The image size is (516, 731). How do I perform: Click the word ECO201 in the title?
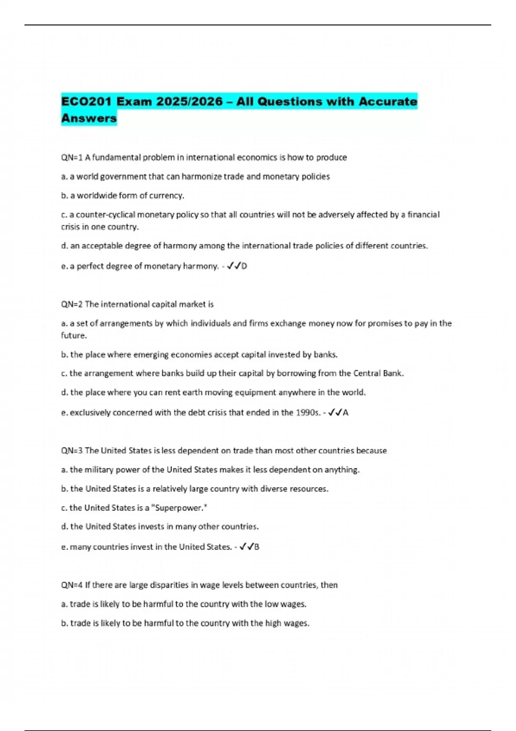click(x=86, y=102)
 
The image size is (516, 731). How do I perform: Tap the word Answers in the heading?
click(x=89, y=118)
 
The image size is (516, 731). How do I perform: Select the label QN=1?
click(x=71, y=158)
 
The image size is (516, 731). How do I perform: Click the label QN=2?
click(x=71, y=304)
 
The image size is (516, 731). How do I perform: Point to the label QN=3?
click(x=71, y=451)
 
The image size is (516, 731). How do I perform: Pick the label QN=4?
click(x=71, y=585)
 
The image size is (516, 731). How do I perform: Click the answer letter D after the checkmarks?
click(x=244, y=266)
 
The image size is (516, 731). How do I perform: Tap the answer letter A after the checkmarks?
click(x=346, y=413)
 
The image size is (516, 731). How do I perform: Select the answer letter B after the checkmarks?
click(x=257, y=547)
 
